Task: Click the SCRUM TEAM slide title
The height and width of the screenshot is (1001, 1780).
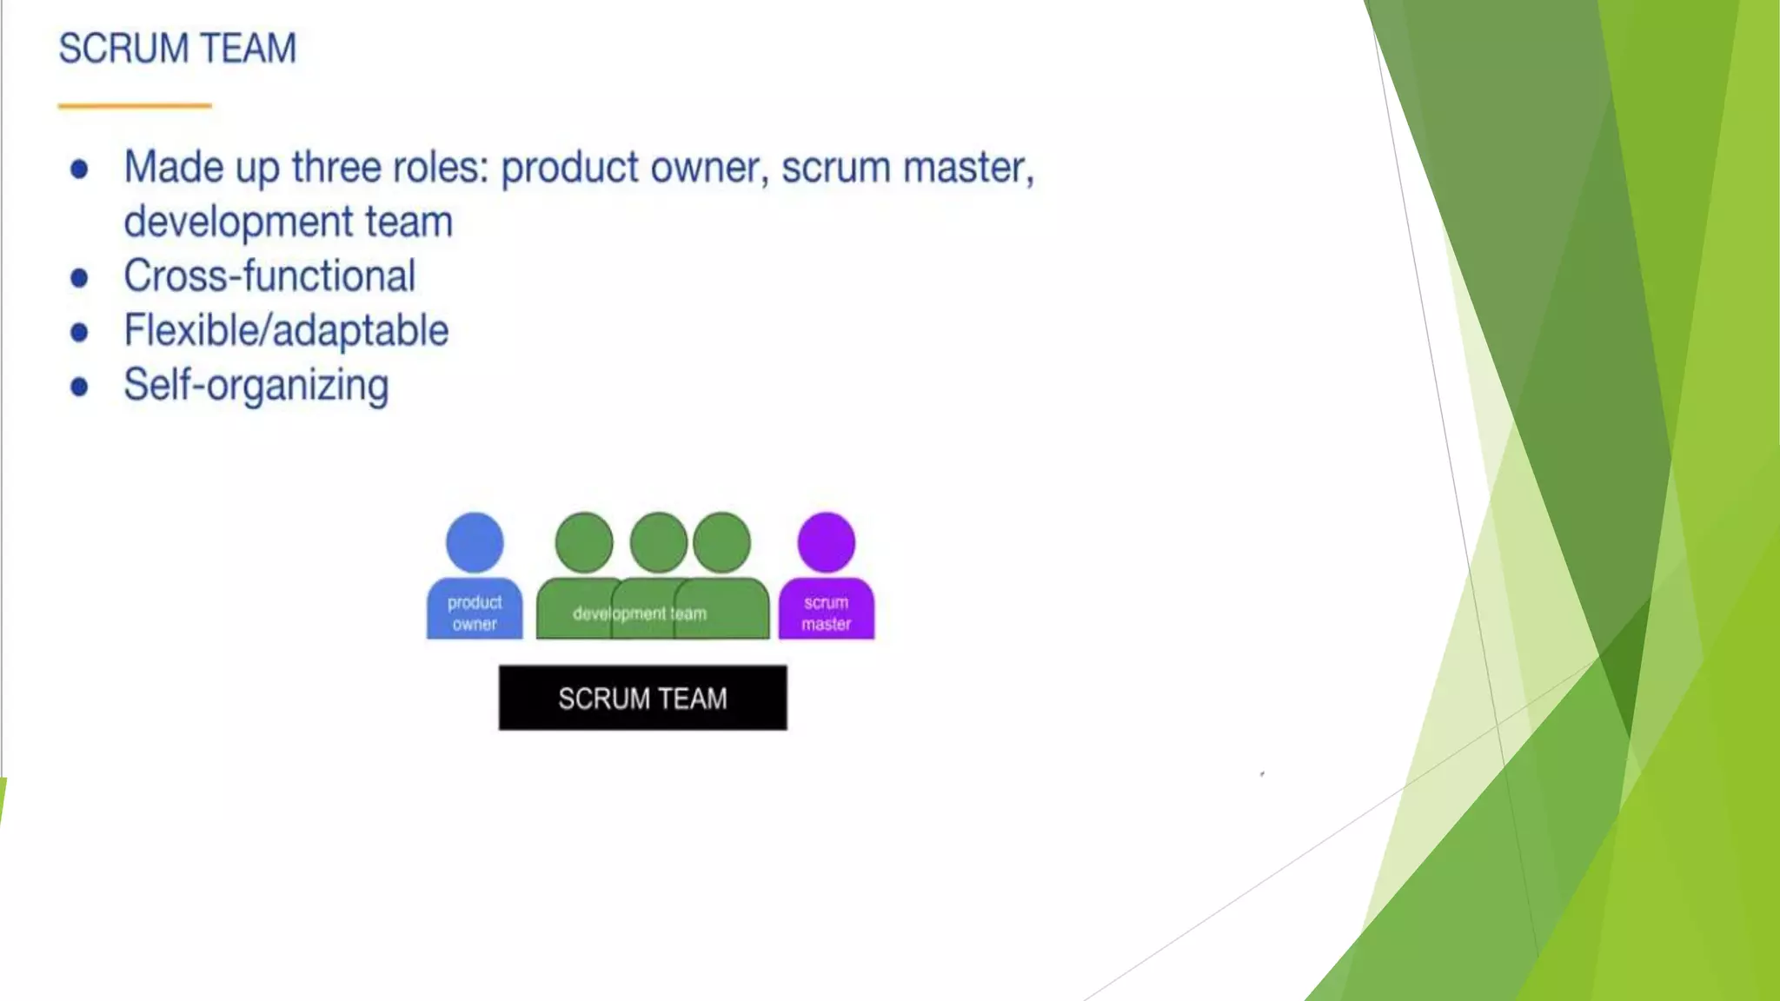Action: click(x=177, y=49)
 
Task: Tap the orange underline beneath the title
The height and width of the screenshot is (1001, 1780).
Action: click(x=135, y=106)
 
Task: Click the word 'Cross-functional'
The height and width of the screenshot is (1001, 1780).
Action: click(x=269, y=276)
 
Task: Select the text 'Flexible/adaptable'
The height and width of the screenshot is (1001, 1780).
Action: click(x=286, y=331)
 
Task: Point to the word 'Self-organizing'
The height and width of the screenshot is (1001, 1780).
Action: click(x=256, y=386)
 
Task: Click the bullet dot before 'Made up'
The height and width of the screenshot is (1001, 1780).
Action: click(x=79, y=169)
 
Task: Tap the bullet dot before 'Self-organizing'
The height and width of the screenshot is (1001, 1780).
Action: click(x=79, y=387)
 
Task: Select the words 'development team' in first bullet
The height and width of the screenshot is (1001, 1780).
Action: click(x=288, y=222)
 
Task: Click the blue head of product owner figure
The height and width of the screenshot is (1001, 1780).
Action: click(x=475, y=542)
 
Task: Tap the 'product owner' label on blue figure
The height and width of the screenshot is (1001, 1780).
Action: click(x=475, y=613)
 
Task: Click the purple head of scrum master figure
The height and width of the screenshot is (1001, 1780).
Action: click(x=826, y=542)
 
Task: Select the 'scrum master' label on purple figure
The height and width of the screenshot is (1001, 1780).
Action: click(x=826, y=613)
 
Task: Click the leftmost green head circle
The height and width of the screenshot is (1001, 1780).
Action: click(x=583, y=542)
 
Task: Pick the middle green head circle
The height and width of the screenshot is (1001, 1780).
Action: click(x=657, y=542)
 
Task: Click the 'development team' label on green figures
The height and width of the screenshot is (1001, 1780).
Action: click(x=640, y=613)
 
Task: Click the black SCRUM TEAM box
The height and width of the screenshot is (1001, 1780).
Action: click(x=642, y=698)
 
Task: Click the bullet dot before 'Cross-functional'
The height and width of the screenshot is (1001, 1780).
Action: click(x=79, y=278)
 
